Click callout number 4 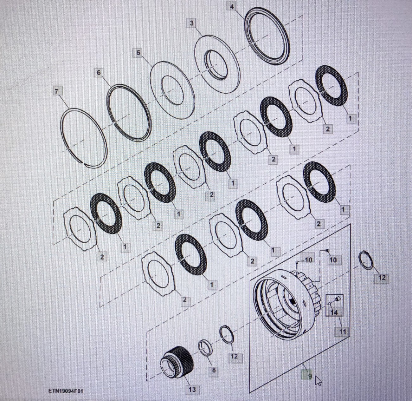pos(232,6)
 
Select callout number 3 pos(192,23)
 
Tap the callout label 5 pos(138,53)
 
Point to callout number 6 pos(99,73)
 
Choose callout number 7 pos(57,91)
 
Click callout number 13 pos(192,389)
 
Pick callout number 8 pos(214,370)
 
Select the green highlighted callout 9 pos(306,376)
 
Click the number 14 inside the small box pos(334,312)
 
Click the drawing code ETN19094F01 pos(66,391)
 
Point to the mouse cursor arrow pos(318,381)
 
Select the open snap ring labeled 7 pos(84,138)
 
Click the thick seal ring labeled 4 pos(267,36)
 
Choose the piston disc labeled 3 pos(217,64)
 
